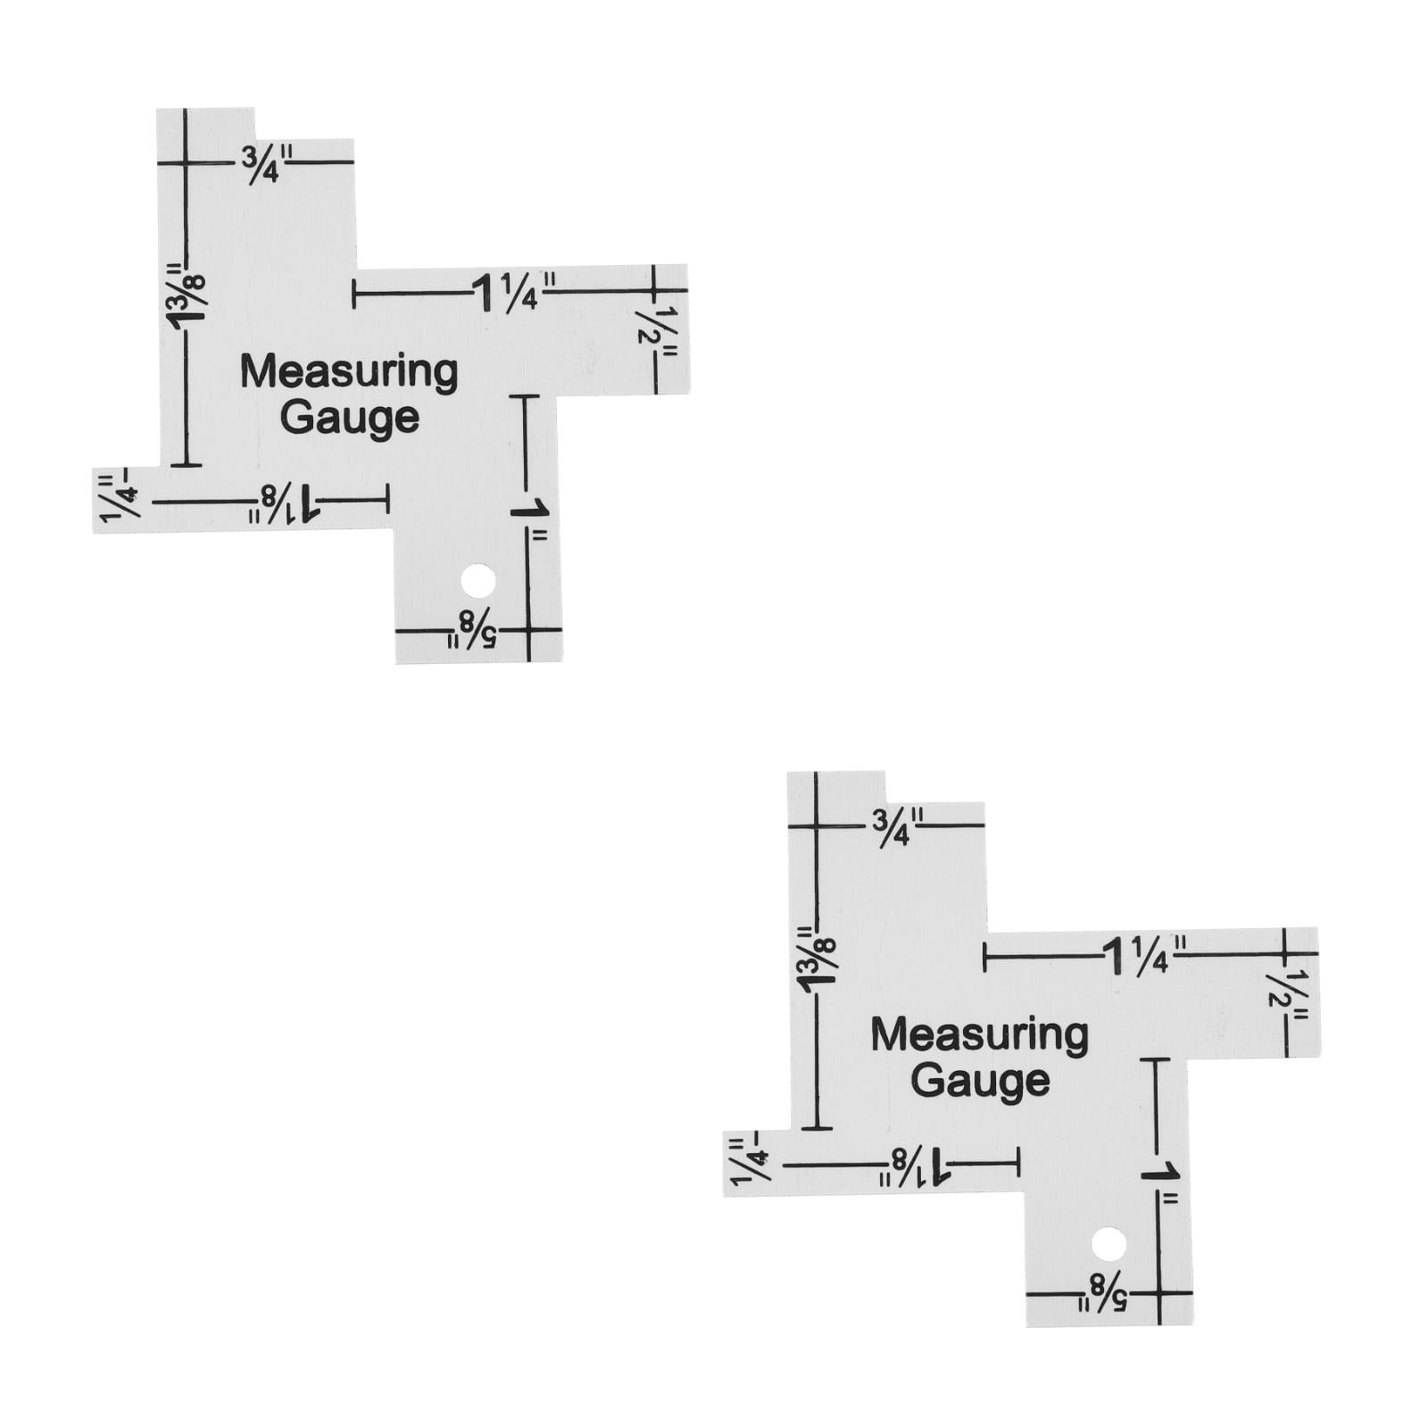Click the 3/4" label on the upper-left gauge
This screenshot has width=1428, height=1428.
260,166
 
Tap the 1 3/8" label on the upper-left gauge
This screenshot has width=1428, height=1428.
186,296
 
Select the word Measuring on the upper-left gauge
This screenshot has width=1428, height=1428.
349,373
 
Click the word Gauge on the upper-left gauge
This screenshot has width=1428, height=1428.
350,419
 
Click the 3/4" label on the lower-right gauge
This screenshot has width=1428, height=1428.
891,828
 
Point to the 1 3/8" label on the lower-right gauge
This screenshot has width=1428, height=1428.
816,959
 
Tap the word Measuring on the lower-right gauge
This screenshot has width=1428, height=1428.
979,1035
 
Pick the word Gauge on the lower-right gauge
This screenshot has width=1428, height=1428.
980,1081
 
